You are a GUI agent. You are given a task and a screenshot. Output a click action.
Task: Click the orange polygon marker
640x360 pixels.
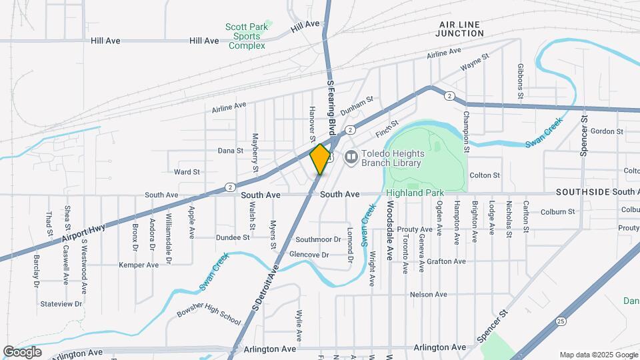pos(321,159)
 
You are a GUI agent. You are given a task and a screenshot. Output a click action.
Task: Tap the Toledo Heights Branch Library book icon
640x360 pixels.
pos(351,158)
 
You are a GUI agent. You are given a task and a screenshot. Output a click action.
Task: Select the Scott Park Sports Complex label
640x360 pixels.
pos(247,36)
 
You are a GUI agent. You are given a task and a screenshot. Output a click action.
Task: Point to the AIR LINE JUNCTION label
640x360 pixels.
pos(460,28)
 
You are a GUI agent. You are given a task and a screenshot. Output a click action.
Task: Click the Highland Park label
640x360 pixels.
pos(415,193)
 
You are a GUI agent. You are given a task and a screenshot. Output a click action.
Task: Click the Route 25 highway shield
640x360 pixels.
pos(563,321)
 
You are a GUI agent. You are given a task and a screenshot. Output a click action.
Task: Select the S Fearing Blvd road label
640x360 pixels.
pos(330,107)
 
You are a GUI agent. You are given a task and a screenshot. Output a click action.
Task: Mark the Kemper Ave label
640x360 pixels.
pos(139,265)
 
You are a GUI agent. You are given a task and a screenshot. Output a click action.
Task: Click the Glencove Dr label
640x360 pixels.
pos(309,255)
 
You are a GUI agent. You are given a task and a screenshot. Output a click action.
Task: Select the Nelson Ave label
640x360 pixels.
pos(428,294)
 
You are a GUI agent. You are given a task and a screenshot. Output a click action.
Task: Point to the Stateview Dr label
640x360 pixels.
pos(61,303)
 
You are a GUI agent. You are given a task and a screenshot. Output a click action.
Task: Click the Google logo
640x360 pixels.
pos(22,352)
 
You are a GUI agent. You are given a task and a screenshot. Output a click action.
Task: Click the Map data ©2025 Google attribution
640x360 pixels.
pos(599,355)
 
